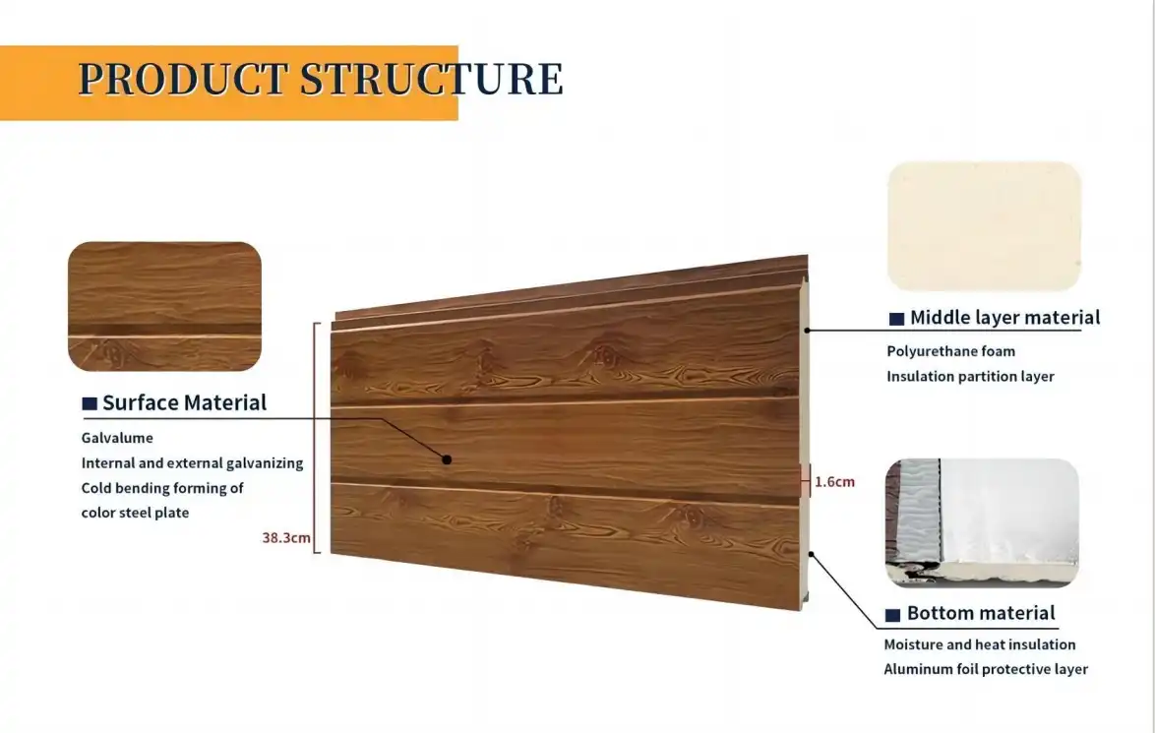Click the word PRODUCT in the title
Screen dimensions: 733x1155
pyautogui.click(x=183, y=79)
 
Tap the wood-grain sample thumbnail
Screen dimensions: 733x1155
pyautogui.click(x=164, y=306)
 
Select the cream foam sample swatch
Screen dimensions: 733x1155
pyautogui.click(x=984, y=226)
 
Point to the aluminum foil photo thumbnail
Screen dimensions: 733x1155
pyautogui.click(x=982, y=522)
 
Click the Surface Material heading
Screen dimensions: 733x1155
pyautogui.click(x=184, y=402)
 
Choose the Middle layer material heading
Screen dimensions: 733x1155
pyautogui.click(x=1004, y=317)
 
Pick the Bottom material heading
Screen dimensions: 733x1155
pyautogui.click(x=980, y=613)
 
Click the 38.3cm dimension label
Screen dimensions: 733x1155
pyautogui.click(x=286, y=538)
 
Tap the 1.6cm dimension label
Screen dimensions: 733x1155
pyautogui.click(x=834, y=482)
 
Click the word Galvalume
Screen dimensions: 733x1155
pyautogui.click(x=117, y=437)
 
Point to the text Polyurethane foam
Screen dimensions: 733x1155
pyautogui.click(x=950, y=351)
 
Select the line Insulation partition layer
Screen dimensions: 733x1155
pyautogui.click(x=970, y=376)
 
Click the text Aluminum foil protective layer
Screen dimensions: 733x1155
pyautogui.click(x=986, y=669)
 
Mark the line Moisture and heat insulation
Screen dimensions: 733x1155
pyautogui.click(x=979, y=644)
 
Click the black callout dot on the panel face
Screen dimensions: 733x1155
pyautogui.click(x=446, y=459)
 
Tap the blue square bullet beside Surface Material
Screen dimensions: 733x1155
pyautogui.click(x=90, y=403)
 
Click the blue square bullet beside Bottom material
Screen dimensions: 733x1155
pyautogui.click(x=893, y=615)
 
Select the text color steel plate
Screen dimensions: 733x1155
pyautogui.click(x=135, y=513)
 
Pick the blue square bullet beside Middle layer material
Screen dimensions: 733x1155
pyautogui.click(x=896, y=319)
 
